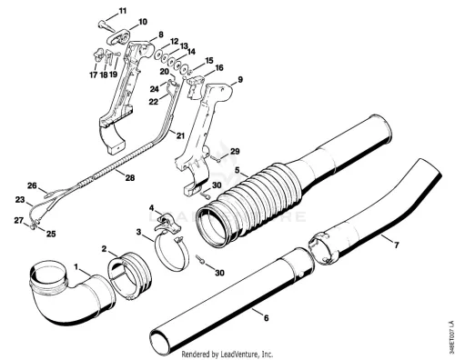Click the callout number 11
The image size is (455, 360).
click(x=122, y=11)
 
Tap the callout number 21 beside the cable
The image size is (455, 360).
click(x=180, y=135)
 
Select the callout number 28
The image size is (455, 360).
click(x=130, y=178)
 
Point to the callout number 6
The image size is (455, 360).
click(x=267, y=318)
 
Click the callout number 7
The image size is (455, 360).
click(x=396, y=245)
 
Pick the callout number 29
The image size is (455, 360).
click(x=235, y=151)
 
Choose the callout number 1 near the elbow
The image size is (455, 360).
click(x=76, y=266)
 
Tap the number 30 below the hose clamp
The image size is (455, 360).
click(x=219, y=273)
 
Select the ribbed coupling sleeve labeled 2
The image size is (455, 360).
click(x=129, y=275)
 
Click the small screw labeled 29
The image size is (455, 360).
click(x=215, y=158)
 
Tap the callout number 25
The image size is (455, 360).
click(x=51, y=234)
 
